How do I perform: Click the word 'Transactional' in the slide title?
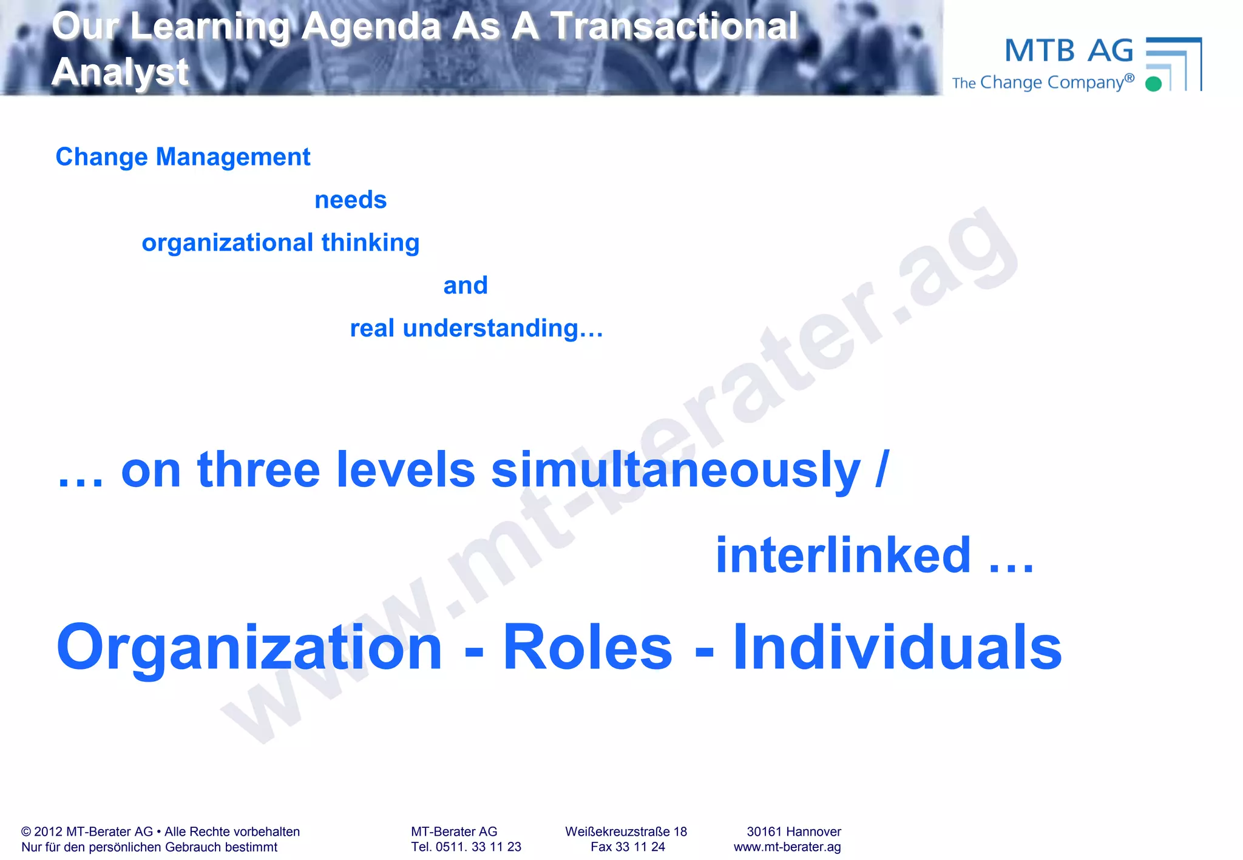click(674, 27)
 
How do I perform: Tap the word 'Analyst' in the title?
click(120, 72)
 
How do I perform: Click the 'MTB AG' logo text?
click(1069, 51)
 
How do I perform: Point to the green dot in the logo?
click(1153, 84)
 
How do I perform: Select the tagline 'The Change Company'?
click(1042, 82)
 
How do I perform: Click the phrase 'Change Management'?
click(183, 157)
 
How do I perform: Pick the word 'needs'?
click(350, 200)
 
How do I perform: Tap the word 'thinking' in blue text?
click(370, 243)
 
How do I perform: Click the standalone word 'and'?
click(465, 286)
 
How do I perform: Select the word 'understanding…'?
click(503, 329)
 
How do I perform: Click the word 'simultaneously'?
click(675, 470)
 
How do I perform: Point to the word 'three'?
click(259, 470)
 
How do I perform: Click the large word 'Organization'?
click(249, 648)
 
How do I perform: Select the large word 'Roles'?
click(588, 648)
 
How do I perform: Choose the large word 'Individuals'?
click(897, 648)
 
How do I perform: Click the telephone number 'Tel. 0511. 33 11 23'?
click(466, 847)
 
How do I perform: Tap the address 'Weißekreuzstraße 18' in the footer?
click(626, 831)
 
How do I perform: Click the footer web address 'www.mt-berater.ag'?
click(787, 847)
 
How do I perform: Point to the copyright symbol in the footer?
click(26, 832)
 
